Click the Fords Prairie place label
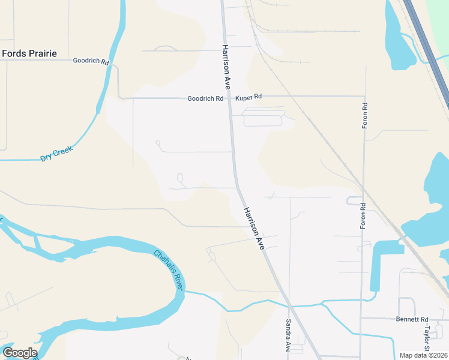(29, 53)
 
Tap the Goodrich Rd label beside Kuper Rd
(205, 98)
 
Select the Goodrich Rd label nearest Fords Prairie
(91, 61)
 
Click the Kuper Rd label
(249, 96)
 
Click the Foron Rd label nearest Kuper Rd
(364, 114)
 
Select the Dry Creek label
(56, 154)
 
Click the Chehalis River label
(168, 270)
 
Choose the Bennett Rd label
(412, 319)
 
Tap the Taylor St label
(427, 340)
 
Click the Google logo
(19, 352)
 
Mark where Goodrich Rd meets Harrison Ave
(229, 97)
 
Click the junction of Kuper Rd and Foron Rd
(364, 95)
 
